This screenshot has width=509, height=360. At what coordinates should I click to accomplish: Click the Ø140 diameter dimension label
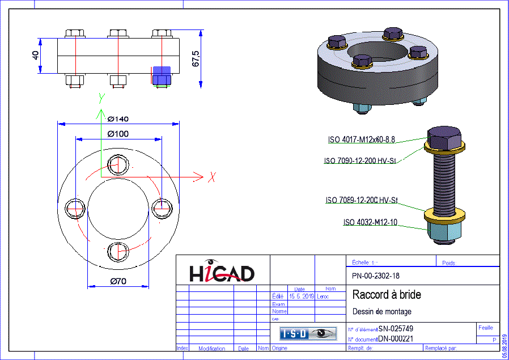pyautogui.click(x=117, y=118)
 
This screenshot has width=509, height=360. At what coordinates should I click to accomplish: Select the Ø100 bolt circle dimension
pyautogui.click(x=117, y=134)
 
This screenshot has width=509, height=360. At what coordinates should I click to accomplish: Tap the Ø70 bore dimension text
pyautogui.click(x=117, y=282)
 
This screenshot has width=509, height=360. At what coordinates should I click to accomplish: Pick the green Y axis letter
pyautogui.click(x=101, y=98)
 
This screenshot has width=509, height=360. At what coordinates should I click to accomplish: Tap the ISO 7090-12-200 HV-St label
pyautogui.click(x=359, y=161)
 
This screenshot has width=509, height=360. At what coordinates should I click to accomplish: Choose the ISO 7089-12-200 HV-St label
pyautogui.click(x=362, y=201)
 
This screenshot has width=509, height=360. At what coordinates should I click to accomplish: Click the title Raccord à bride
pyautogui.click(x=387, y=295)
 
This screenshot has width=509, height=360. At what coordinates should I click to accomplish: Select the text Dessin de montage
pyautogui.click(x=381, y=311)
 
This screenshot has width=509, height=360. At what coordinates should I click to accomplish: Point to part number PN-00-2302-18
pyautogui.click(x=375, y=276)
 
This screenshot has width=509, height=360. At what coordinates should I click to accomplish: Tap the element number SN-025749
pyautogui.click(x=396, y=329)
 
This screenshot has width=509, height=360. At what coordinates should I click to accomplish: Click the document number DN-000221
pyautogui.click(x=396, y=339)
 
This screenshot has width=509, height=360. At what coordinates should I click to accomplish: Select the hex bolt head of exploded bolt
pyautogui.click(x=445, y=136)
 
